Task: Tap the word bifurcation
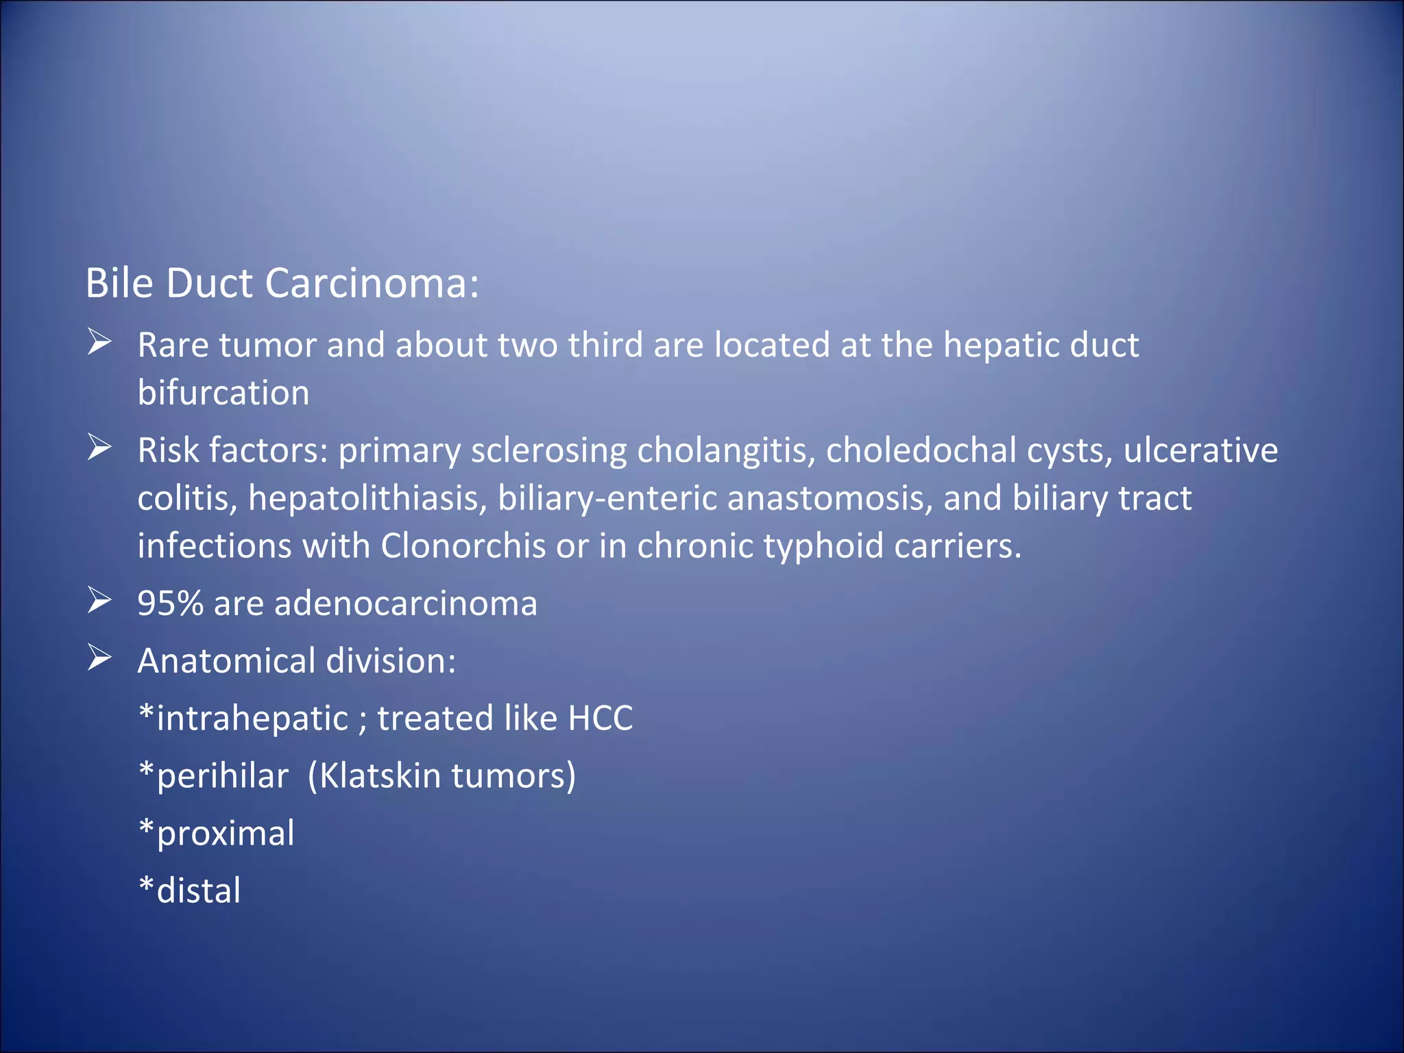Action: [x=223, y=393]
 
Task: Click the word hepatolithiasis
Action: [x=367, y=498]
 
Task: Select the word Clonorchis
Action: [x=463, y=546]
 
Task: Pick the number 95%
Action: [x=170, y=603]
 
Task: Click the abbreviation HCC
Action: [x=600, y=718]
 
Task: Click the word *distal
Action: [x=190, y=891]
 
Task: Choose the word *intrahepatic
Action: [x=243, y=719]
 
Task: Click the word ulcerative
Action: [x=1200, y=450]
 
